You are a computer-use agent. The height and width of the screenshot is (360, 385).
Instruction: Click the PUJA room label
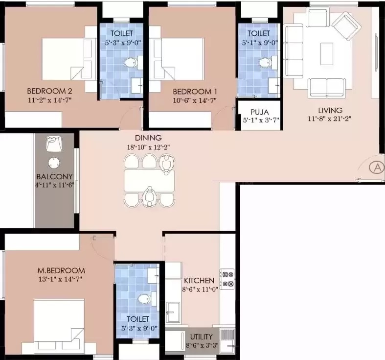point(260,112)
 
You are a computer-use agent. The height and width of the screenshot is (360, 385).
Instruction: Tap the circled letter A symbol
point(377,168)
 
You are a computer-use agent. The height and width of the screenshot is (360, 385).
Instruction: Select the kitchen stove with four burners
point(227,279)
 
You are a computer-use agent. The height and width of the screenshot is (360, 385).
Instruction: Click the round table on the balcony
point(54,163)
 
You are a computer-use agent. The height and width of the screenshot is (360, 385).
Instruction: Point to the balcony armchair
point(54,144)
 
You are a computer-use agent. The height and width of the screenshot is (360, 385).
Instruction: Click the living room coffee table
point(327,54)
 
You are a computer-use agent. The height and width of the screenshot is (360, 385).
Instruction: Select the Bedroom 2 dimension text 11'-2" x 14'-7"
point(49,100)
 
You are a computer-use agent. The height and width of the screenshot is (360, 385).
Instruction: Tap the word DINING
point(148,138)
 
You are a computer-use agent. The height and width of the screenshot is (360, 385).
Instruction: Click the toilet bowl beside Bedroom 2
point(130,63)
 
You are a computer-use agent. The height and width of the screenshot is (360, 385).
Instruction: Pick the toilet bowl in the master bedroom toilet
point(144,299)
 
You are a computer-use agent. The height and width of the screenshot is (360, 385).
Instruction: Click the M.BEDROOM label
point(61,270)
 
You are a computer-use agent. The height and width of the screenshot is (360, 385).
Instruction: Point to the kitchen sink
point(173,312)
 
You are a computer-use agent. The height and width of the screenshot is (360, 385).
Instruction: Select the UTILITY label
point(202,336)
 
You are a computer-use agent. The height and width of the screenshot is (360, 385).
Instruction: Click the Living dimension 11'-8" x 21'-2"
point(330,119)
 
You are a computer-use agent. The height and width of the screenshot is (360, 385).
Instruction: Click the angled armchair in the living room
point(347,26)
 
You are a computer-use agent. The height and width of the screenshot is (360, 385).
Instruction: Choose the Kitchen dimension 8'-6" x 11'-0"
point(200,289)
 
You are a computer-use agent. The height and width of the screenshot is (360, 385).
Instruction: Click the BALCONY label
point(54,176)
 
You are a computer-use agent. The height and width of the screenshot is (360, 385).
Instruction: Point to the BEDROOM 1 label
point(195,92)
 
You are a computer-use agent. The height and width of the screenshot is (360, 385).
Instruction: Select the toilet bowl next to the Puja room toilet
point(265,63)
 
